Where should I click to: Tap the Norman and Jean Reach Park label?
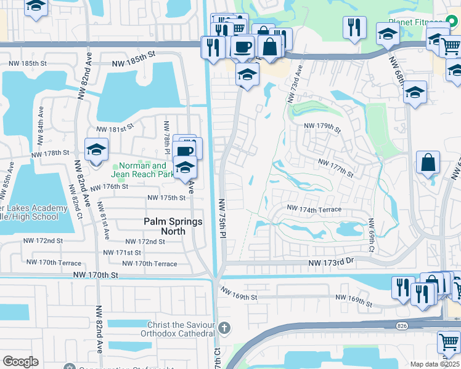[x=142, y=170]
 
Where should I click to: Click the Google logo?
[x=20, y=362]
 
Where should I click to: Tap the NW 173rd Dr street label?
[x=333, y=263]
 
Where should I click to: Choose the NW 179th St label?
[x=322, y=127]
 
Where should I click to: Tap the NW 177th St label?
[x=335, y=166]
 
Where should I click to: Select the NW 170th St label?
[x=95, y=276]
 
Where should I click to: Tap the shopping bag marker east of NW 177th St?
[x=428, y=163]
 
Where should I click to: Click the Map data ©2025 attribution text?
[x=434, y=364]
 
